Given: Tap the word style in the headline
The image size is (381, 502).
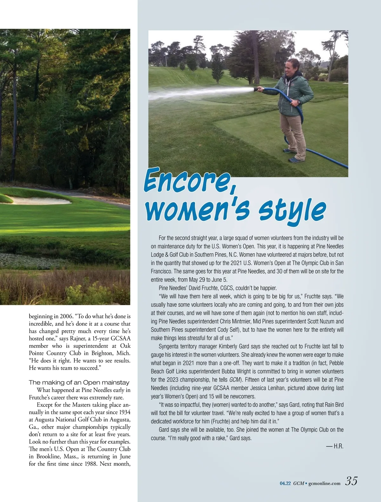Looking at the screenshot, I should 292,211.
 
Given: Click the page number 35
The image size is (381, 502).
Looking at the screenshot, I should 351,481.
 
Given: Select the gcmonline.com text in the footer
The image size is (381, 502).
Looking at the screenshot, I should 324,483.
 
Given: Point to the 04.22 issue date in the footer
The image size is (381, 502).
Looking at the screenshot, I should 285,483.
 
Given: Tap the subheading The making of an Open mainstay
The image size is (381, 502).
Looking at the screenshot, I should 79,382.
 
